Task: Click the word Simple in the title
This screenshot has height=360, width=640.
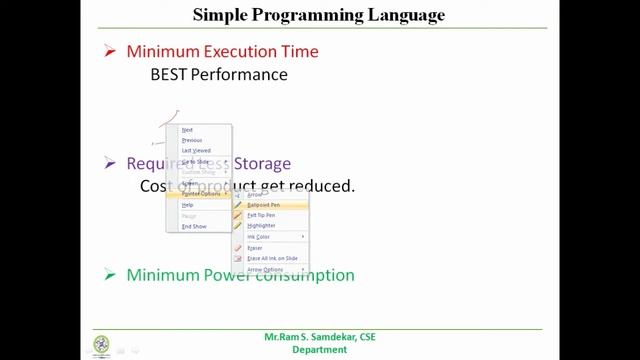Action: [217, 15]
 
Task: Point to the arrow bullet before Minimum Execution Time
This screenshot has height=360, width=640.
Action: [111, 52]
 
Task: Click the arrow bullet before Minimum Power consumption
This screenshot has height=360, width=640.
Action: [111, 275]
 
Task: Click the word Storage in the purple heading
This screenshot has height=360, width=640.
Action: [261, 164]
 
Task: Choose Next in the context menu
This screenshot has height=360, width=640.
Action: [187, 130]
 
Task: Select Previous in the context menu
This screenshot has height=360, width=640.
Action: [192, 141]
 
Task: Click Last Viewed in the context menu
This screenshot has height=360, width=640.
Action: [196, 151]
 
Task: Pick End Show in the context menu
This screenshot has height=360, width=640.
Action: [194, 227]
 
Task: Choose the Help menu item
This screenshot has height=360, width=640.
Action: [188, 205]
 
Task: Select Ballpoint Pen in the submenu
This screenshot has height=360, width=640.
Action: [263, 205]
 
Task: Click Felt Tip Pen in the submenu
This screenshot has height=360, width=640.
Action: [261, 215]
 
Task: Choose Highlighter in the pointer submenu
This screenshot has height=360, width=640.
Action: [261, 226]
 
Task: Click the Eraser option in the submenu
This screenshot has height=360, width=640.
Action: [255, 248]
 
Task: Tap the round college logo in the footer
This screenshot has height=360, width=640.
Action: [102, 344]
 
